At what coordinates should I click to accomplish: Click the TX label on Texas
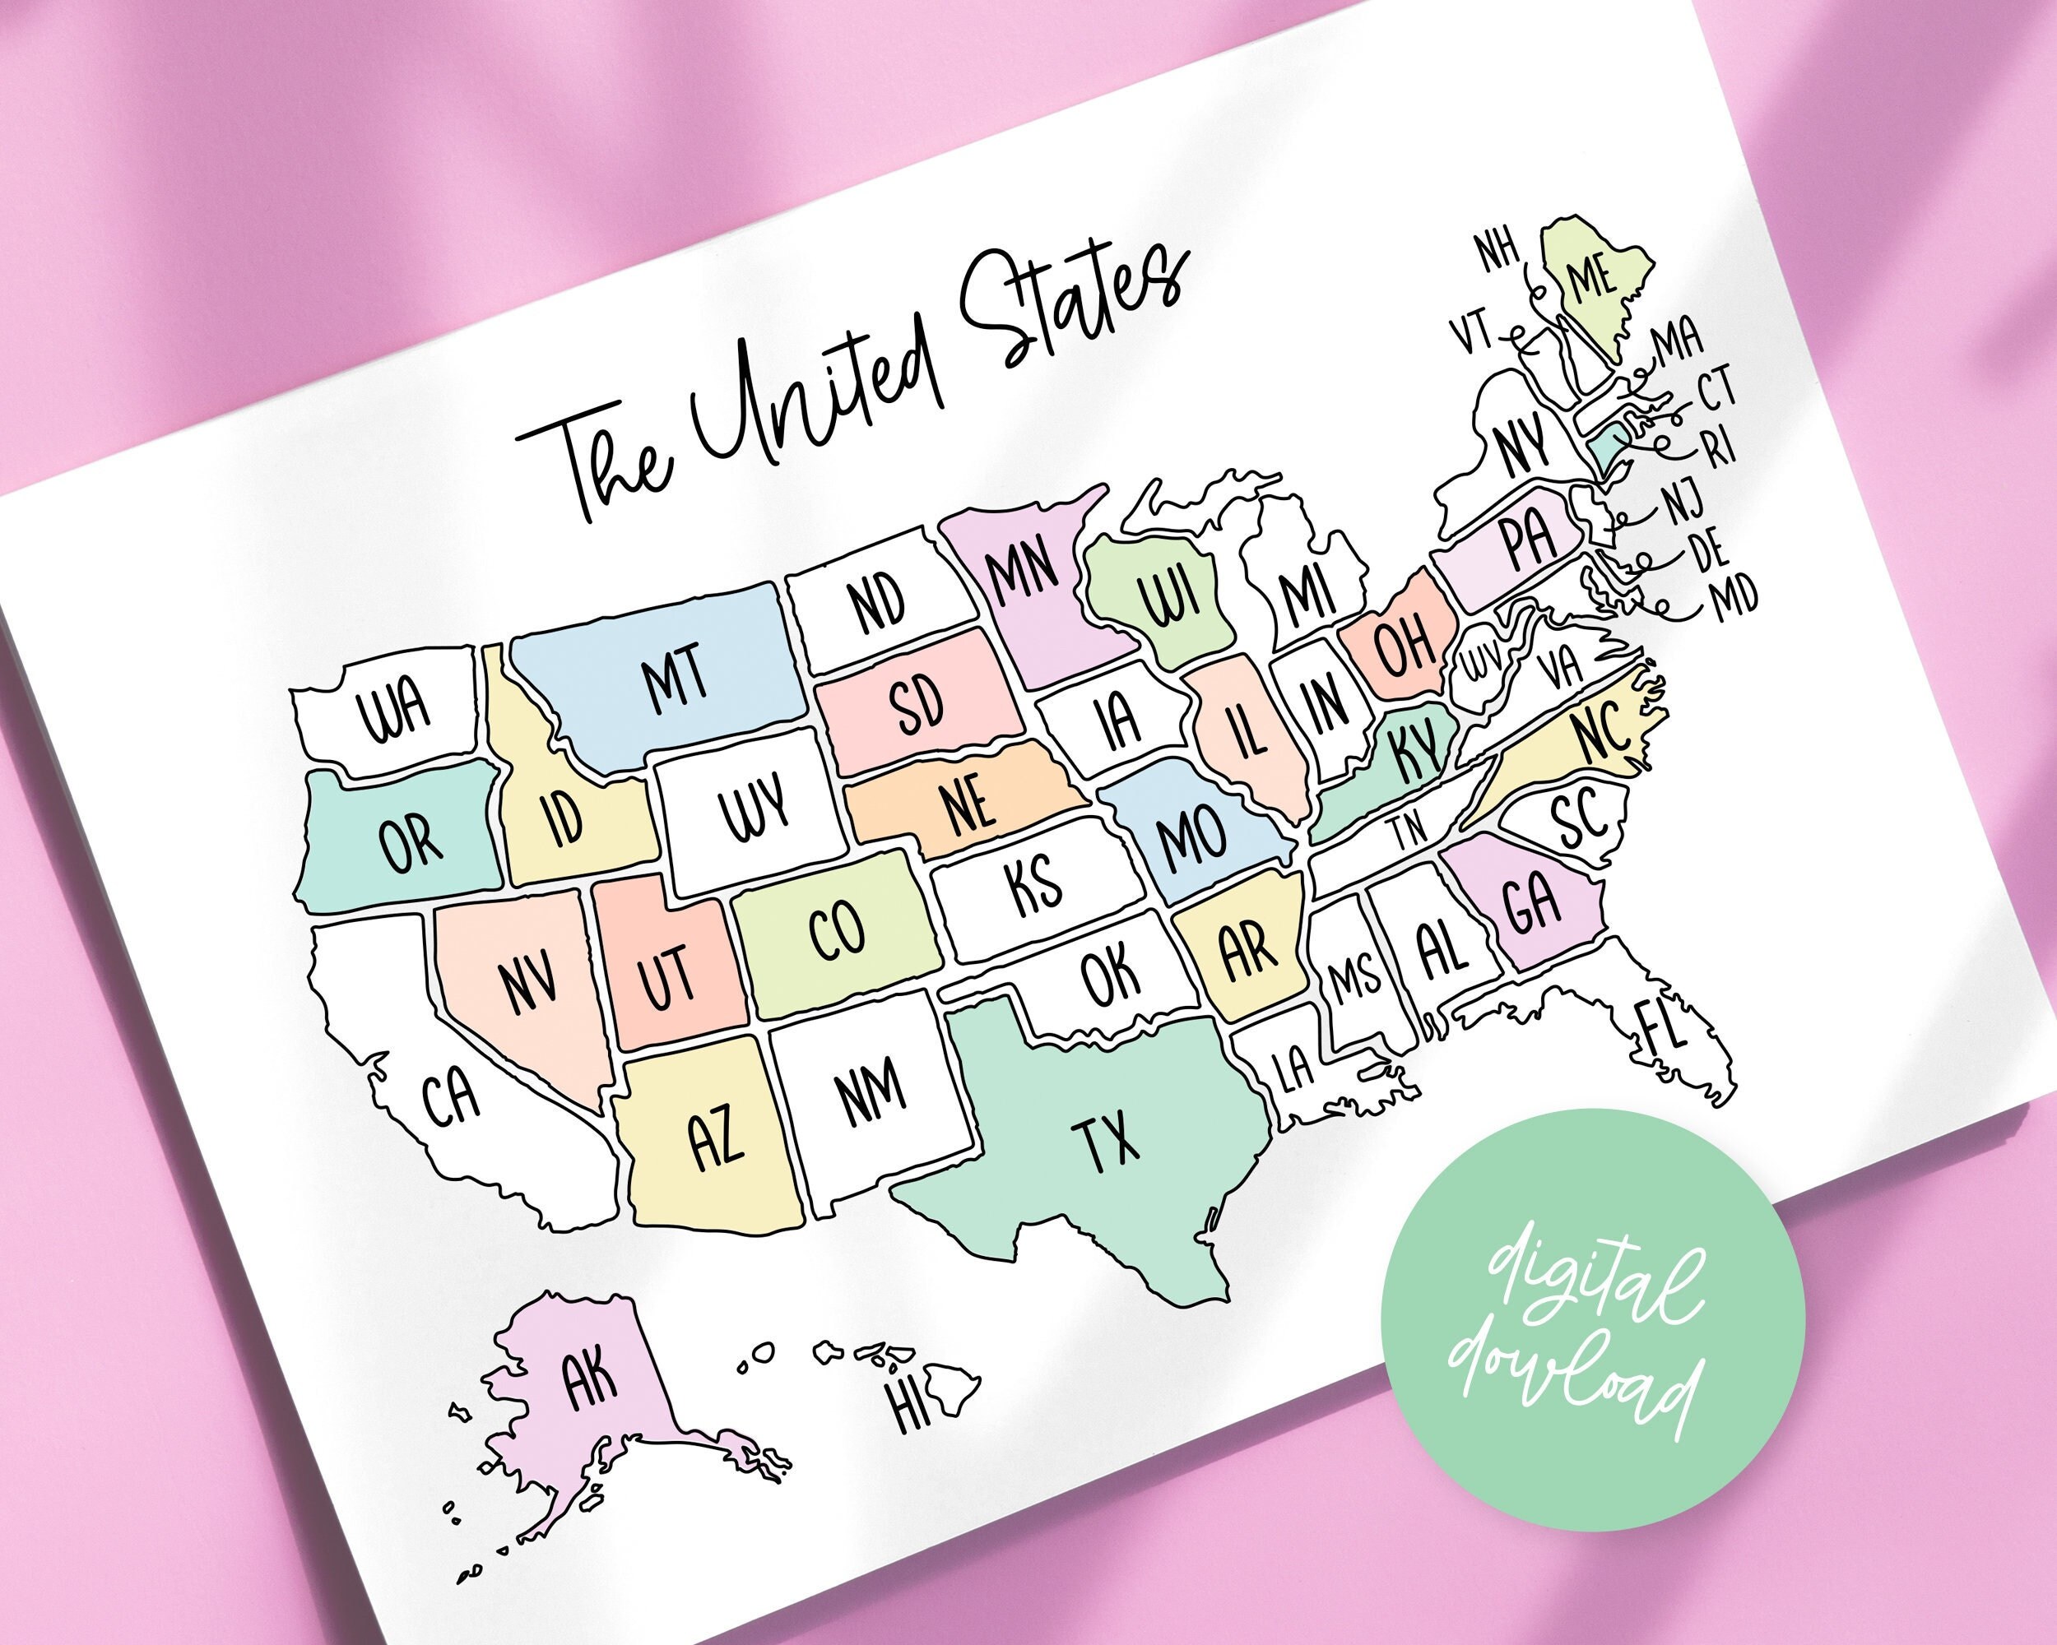tap(1106, 1141)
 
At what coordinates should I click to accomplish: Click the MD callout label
tap(1734, 599)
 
